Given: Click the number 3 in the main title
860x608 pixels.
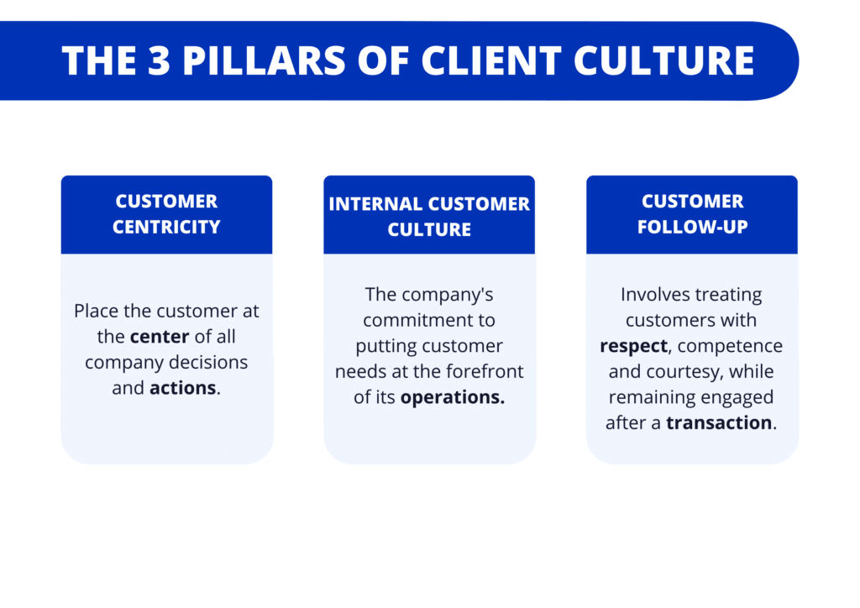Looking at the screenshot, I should tap(160, 60).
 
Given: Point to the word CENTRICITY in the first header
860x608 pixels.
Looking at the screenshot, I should tap(166, 227).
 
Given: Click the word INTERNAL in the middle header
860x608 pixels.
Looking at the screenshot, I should tap(375, 204).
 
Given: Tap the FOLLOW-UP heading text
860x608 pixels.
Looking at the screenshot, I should tap(692, 227).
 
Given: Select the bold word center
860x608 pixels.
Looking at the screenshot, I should tap(160, 337).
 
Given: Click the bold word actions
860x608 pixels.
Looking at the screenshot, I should tap(182, 388).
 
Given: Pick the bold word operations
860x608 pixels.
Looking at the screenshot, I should tap(452, 396).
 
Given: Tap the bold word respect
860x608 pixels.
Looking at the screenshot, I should tap(633, 346).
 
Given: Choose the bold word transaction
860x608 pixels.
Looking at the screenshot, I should tap(718, 422).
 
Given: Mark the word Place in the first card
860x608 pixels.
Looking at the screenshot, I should tap(95, 312).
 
